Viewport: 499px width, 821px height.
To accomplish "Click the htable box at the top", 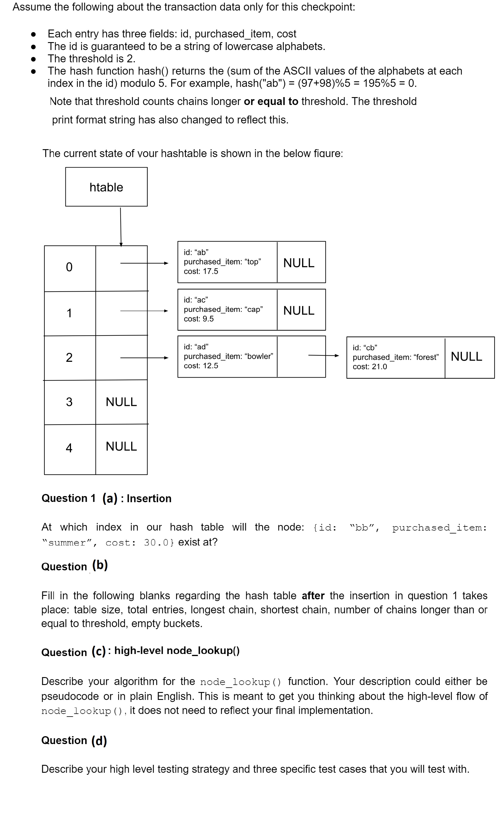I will click(x=106, y=187).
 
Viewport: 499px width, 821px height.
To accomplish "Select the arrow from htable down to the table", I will click(x=120, y=227).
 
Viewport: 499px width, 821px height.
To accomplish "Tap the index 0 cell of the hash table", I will click(x=69, y=267).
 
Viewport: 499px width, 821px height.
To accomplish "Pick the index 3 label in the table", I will click(x=69, y=402).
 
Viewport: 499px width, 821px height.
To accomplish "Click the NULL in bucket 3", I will click(x=121, y=402).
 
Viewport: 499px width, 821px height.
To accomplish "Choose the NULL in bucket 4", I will click(x=121, y=447).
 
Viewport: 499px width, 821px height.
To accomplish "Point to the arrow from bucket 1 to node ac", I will click(x=144, y=311).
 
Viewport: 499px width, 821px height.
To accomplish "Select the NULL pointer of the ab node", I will click(x=299, y=263).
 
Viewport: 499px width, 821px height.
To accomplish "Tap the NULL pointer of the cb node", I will click(x=466, y=357).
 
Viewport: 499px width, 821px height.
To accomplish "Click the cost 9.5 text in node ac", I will click(x=199, y=319).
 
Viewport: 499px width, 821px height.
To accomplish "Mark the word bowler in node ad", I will click(x=259, y=356).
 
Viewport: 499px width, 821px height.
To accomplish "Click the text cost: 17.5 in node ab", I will click(x=201, y=271).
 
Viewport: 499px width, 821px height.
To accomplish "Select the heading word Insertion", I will click(x=149, y=498).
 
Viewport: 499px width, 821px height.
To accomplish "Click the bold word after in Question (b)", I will click(x=313, y=596).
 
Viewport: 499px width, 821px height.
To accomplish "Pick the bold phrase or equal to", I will click(x=271, y=101).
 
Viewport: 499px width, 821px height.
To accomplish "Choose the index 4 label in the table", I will click(x=69, y=448).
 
